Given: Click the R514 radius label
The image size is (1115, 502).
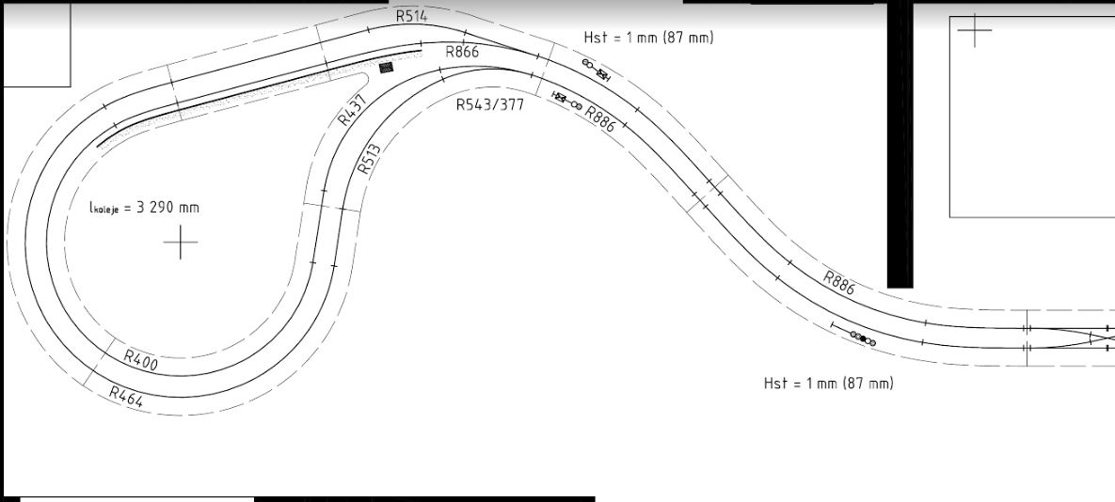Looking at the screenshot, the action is [412, 16].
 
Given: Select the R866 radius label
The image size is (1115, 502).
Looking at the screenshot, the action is [462, 52].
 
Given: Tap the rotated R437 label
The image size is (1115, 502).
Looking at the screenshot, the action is [353, 110].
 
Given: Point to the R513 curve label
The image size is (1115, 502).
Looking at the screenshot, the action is [369, 160].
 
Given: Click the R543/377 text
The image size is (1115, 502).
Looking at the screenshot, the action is [490, 105].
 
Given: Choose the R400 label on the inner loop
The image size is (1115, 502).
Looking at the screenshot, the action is [140, 360].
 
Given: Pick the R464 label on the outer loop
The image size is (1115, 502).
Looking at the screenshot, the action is [126, 396].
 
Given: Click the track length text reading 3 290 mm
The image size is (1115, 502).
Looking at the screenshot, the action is [144, 208].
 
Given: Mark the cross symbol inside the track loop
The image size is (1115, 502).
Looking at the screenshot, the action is [181, 243].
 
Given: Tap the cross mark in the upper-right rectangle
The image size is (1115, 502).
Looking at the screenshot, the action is [974, 30].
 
